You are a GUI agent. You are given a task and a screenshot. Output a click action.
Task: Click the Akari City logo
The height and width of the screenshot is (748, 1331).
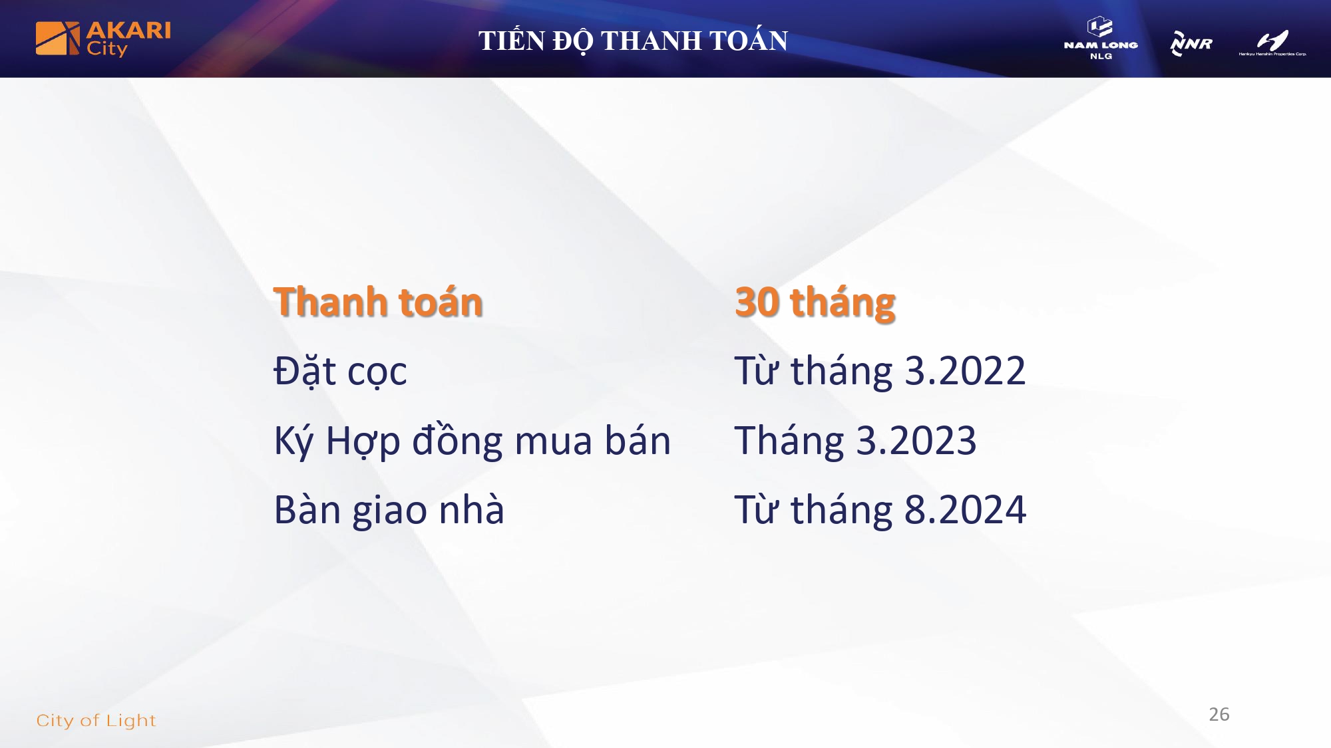103,39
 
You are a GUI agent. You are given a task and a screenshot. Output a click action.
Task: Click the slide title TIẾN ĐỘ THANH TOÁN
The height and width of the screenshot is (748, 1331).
633,41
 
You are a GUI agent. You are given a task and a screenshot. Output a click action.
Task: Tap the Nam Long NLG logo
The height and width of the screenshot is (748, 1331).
1101,39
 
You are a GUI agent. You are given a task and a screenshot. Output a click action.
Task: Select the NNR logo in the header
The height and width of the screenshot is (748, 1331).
1191,43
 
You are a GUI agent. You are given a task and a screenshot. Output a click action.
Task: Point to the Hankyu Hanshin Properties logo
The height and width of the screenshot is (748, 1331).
1272,43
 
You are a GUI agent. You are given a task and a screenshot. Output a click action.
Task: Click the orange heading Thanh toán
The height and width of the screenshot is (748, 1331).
378,302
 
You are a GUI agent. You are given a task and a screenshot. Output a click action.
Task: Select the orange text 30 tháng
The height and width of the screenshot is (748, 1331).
815,303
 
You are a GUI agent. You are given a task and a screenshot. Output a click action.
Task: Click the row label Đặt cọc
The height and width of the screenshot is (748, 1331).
340,371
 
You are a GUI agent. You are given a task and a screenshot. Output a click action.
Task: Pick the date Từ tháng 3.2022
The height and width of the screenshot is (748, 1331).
880,371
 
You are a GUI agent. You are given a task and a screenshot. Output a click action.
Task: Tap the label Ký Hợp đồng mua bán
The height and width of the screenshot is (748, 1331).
473,441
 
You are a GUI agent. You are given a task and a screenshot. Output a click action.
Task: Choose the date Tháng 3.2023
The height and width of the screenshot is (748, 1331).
855,441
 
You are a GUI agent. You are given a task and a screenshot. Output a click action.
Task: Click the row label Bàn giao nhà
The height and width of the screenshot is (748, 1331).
389,510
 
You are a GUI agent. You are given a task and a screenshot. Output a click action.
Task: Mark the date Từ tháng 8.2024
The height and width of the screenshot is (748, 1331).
880,510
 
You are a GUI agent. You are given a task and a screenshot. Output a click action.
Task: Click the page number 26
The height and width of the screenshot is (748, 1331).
1219,714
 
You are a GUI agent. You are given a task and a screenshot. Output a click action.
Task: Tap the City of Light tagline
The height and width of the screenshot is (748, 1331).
96,721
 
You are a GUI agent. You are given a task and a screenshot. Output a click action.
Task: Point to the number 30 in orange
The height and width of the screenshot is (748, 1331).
757,303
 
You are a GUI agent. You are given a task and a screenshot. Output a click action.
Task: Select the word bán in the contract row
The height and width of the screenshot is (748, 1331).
638,439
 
